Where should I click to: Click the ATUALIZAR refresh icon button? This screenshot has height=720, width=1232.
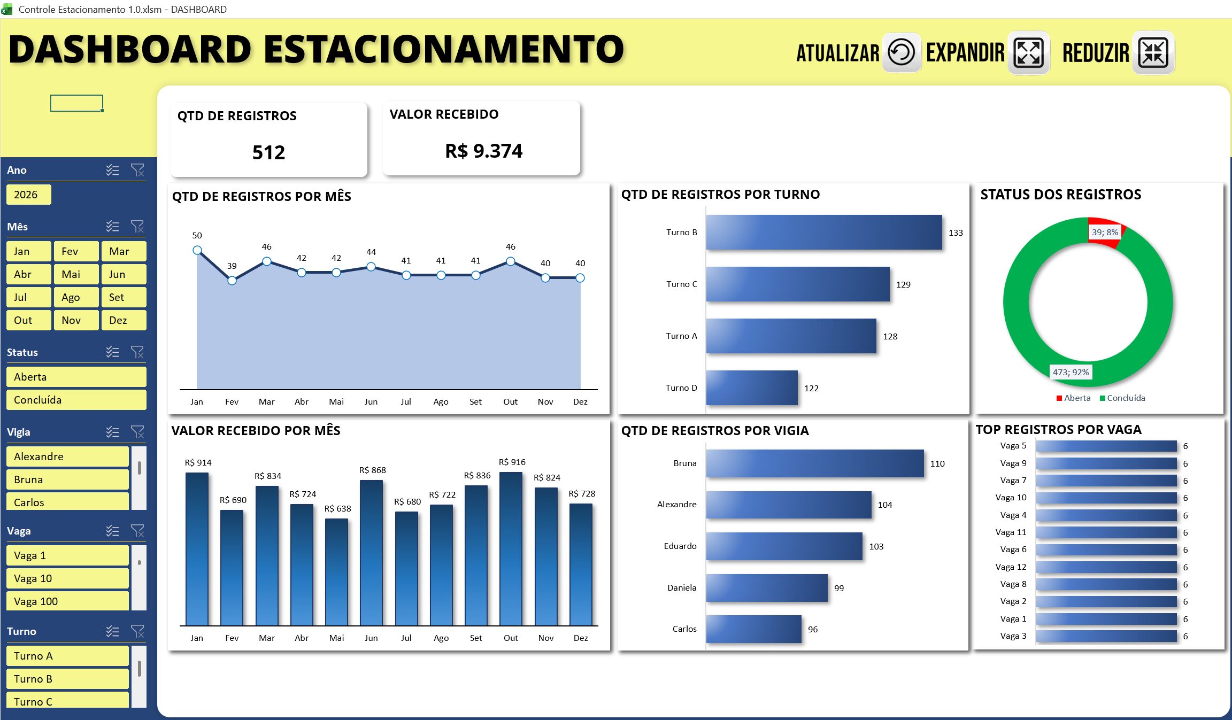902,52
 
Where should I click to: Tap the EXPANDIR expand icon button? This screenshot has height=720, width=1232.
1028,52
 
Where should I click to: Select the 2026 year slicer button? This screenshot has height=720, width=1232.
29,195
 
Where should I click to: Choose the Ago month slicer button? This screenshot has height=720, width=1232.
76,297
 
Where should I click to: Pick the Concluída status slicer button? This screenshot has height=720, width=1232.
76,400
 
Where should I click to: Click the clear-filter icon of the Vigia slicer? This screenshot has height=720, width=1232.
137,432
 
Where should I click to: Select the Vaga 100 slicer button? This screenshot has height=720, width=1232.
67,601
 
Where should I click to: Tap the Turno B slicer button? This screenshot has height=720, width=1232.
67,679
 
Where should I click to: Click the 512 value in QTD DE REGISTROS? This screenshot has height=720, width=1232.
268,153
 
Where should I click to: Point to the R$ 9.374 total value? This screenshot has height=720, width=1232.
483,151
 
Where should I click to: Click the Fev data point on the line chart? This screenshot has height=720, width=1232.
232,281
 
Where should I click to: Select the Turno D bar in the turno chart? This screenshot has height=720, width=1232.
752,388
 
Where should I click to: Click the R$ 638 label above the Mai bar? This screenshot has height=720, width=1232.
337,509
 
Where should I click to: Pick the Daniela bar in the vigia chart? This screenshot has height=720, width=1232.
767,588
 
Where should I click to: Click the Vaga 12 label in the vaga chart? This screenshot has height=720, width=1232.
1011,567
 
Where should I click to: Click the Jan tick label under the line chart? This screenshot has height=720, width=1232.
197,402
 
